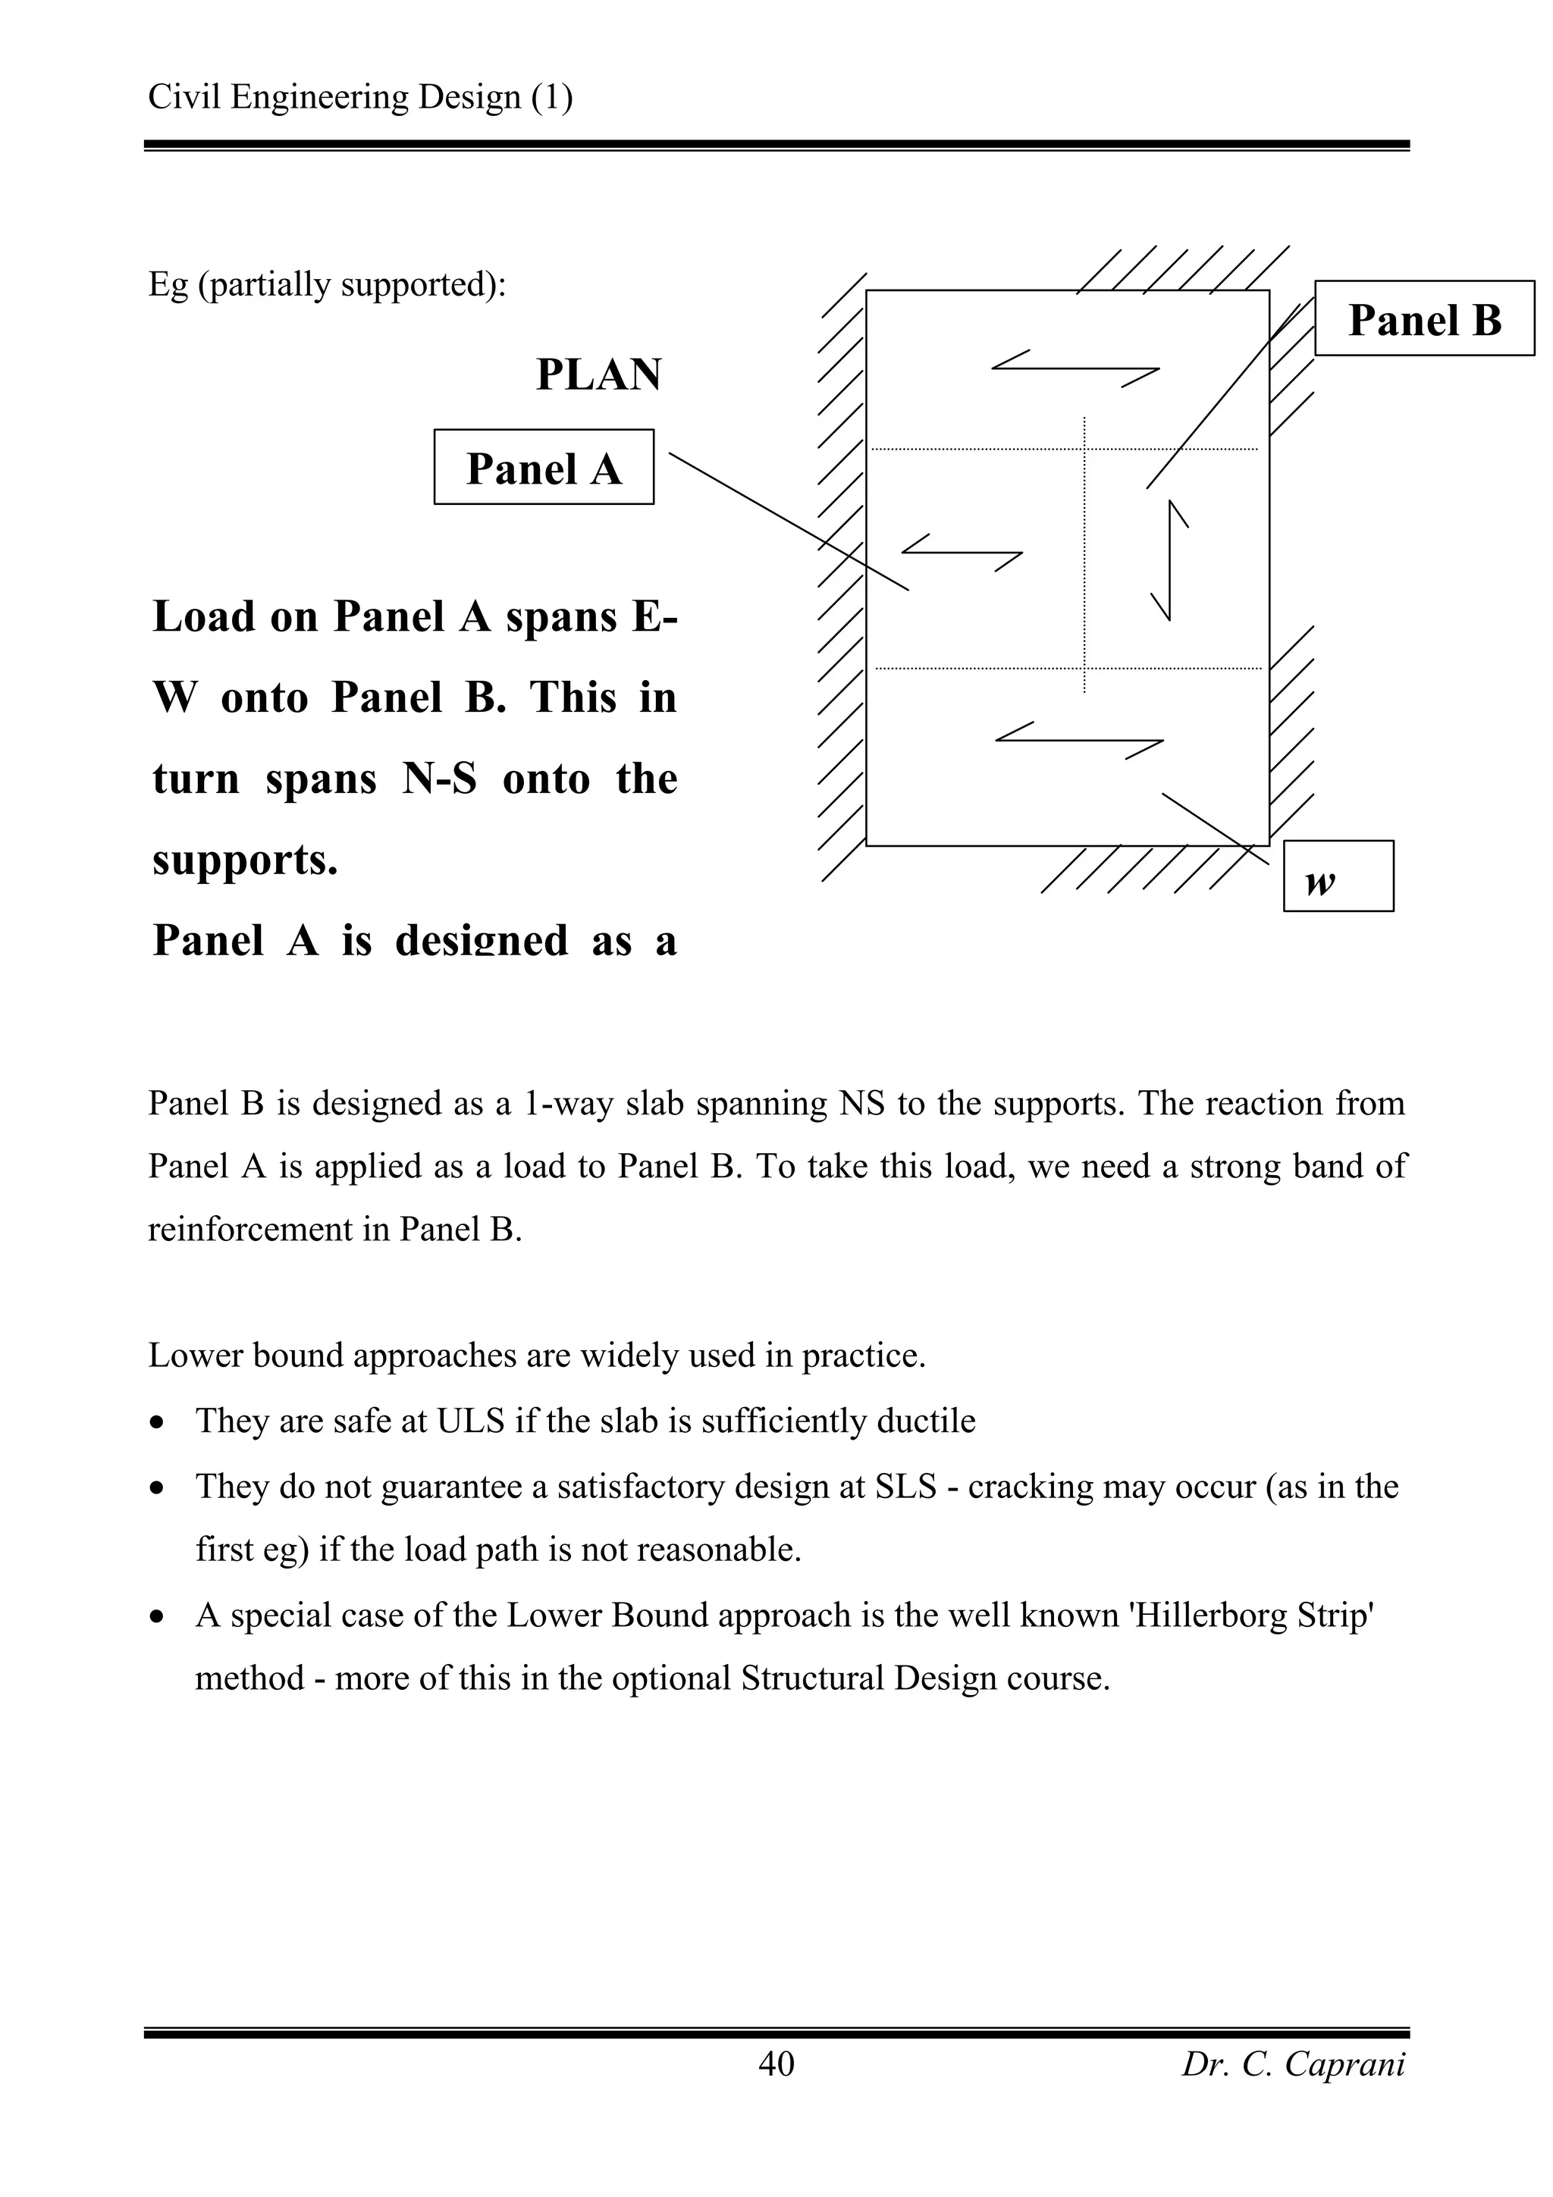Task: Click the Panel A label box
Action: tap(544, 467)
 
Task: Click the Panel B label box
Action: tap(1424, 318)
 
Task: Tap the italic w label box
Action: tap(1337, 876)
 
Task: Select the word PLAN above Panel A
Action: tap(598, 375)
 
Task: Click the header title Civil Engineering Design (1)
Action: tap(359, 96)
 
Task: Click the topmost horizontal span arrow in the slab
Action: tap(1075, 368)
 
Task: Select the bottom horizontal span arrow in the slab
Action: tap(1079, 741)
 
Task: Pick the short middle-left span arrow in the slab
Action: tap(962, 552)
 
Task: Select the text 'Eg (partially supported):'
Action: tap(326, 284)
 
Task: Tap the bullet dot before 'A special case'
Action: tap(158, 1617)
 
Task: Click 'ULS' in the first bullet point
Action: tap(470, 1421)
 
